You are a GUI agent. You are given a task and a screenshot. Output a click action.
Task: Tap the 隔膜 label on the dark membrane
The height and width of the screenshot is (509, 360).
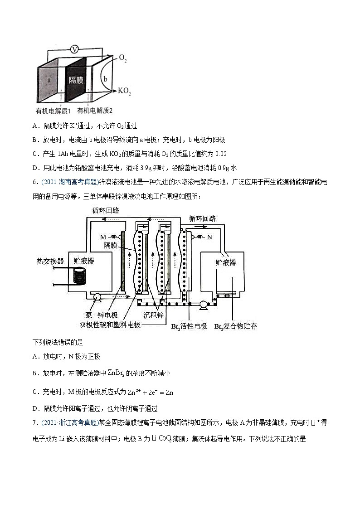75,80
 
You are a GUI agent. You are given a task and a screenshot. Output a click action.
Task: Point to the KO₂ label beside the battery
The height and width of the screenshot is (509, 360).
124,91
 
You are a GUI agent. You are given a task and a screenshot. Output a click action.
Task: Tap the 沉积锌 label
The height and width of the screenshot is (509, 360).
153,315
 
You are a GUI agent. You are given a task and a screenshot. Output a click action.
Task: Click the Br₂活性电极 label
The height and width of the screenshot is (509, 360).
189,326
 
